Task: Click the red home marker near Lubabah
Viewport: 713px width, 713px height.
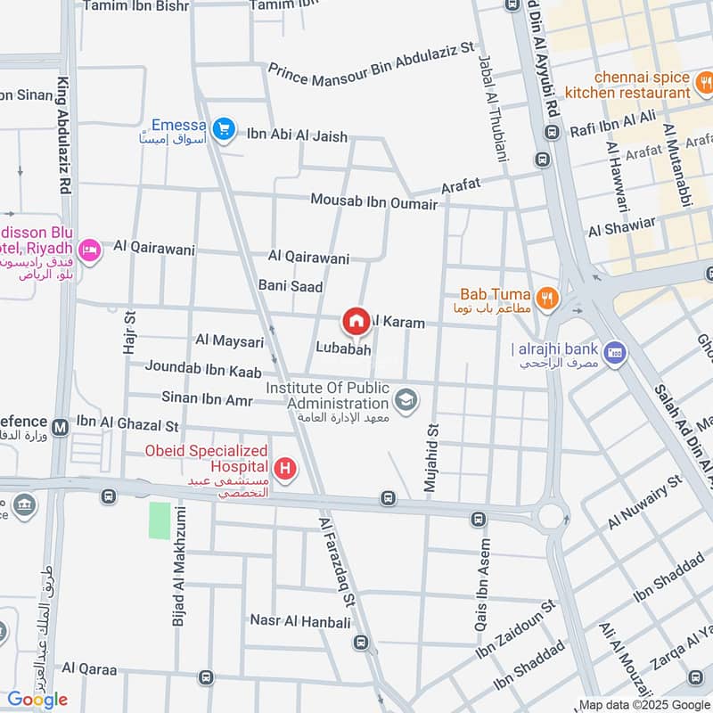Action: pos(356,321)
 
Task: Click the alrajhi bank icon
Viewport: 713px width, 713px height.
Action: pos(613,352)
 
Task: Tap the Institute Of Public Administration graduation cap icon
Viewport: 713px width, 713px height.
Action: pos(406,400)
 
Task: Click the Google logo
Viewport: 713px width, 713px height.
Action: pos(37,700)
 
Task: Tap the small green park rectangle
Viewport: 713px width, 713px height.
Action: pos(160,520)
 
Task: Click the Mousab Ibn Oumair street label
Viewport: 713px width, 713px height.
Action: pos(373,201)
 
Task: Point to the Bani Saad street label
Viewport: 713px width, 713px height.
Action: pos(290,285)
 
